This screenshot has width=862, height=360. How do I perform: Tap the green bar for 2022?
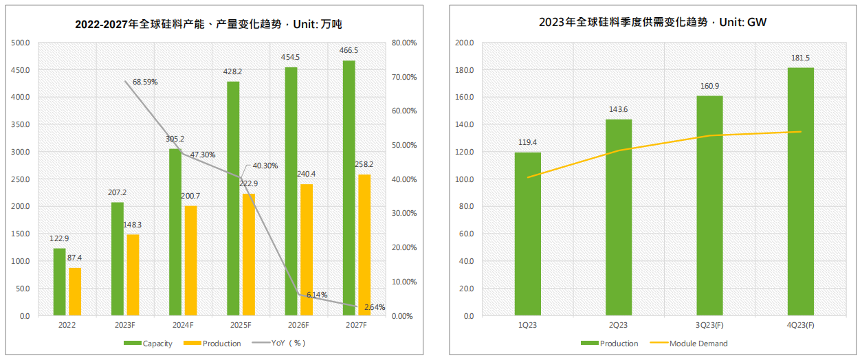click(x=59, y=282)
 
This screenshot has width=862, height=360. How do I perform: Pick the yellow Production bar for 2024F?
click(x=190, y=261)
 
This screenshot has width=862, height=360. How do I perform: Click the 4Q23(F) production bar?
click(x=801, y=192)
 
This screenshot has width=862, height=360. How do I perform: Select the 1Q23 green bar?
click(x=527, y=234)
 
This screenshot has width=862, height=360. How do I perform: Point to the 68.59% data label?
click(x=145, y=82)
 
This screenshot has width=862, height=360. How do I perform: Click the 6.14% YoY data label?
click(x=317, y=294)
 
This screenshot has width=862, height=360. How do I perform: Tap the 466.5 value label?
click(x=349, y=51)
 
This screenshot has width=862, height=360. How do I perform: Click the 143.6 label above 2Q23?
click(x=618, y=110)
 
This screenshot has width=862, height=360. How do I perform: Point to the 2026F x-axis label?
click(x=298, y=325)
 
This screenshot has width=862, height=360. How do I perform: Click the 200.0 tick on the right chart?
click(x=464, y=43)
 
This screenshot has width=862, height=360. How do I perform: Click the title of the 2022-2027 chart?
click(x=208, y=24)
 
